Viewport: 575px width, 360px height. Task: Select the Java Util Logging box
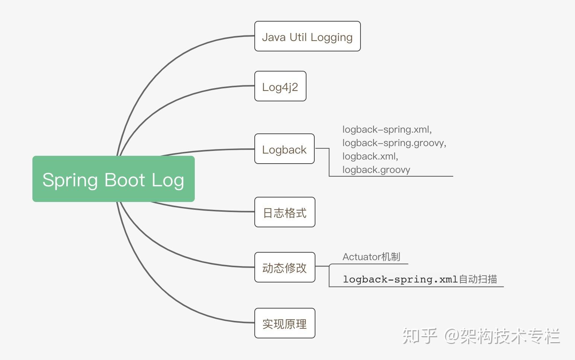(307, 36)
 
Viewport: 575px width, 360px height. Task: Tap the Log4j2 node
(280, 86)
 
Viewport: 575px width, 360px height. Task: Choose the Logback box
(284, 149)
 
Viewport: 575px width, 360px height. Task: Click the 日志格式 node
(285, 212)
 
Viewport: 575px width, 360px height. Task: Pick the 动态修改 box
(285, 267)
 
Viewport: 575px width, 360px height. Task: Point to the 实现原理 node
(285, 323)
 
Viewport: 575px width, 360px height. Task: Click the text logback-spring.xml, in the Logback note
(387, 130)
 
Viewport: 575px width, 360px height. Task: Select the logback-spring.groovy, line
(394, 143)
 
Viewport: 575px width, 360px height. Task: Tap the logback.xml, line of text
(370, 157)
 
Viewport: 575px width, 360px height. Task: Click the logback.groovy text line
(376, 170)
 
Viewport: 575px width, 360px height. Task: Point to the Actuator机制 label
(371, 257)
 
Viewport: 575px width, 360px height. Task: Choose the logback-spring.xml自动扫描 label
(420, 279)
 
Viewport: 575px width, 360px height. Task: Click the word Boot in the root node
(125, 180)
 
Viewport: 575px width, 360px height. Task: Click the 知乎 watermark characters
(419, 336)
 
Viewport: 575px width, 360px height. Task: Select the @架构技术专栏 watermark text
(502, 336)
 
